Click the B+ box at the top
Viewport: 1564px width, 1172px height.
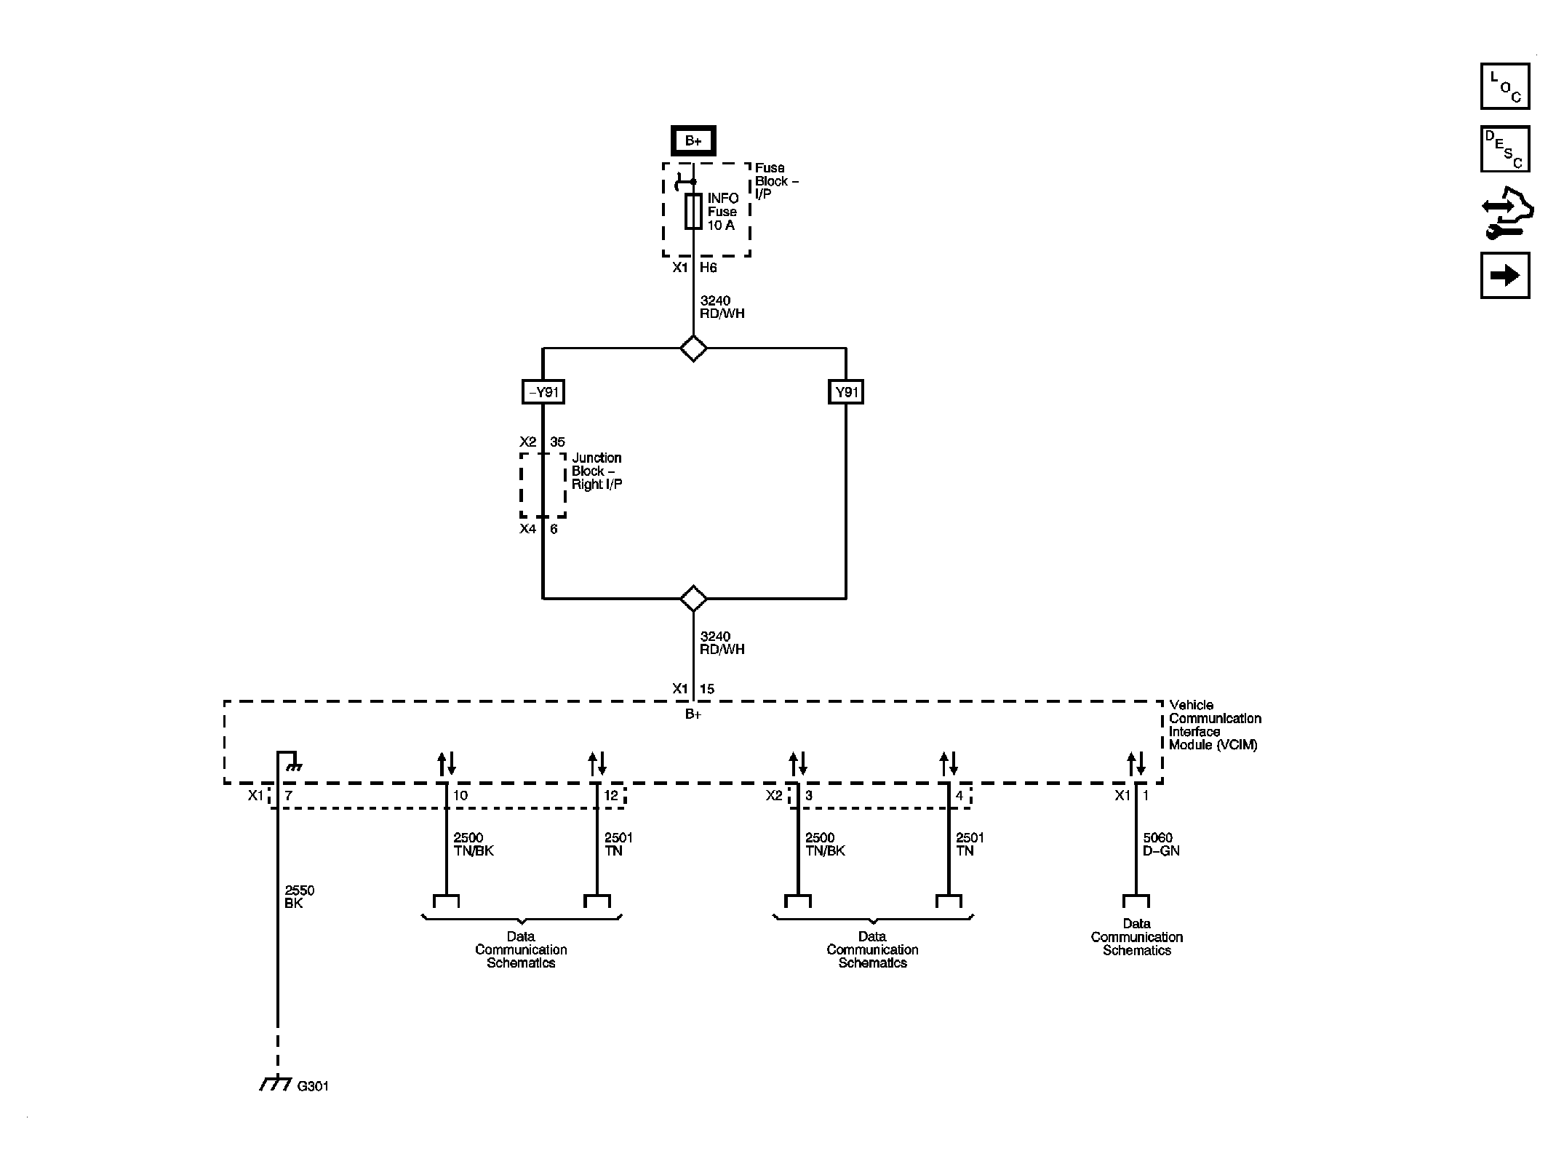point(693,141)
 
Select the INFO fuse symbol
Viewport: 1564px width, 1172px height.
point(693,212)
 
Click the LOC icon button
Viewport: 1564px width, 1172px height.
point(1504,87)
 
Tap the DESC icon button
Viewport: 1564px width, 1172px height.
point(1504,149)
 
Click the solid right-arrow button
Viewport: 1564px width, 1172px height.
point(1504,275)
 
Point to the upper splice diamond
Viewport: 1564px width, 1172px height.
point(693,348)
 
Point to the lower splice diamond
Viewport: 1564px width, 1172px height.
point(693,598)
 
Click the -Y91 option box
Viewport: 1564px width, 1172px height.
point(543,392)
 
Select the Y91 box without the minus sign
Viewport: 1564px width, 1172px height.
point(846,392)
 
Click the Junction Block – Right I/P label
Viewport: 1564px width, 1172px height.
point(597,471)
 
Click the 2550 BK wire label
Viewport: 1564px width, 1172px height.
point(299,896)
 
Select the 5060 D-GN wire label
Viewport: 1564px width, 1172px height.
point(1160,844)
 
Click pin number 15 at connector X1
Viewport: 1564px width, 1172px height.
point(707,689)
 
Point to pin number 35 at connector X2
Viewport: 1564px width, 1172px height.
point(557,442)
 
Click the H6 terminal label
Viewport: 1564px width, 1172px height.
point(708,268)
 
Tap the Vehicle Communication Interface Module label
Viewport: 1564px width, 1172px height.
point(1214,725)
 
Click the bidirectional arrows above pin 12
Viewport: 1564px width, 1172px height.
point(597,764)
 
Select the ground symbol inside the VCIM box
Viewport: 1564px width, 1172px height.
point(294,765)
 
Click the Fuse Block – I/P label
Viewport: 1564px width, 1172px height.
point(775,181)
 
